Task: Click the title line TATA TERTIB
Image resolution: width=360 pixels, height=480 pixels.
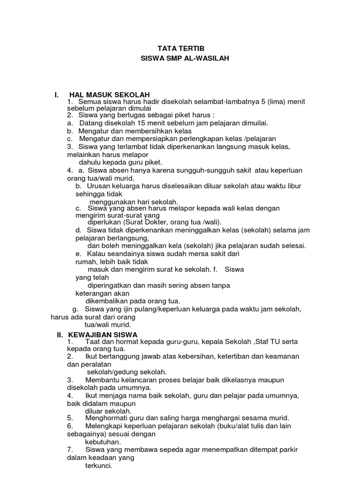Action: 180,48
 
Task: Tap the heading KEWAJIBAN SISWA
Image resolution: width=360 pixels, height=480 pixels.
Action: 103,335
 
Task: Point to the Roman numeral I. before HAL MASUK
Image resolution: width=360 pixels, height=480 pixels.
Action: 57,96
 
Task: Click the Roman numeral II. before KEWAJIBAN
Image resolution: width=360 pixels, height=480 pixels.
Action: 60,335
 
